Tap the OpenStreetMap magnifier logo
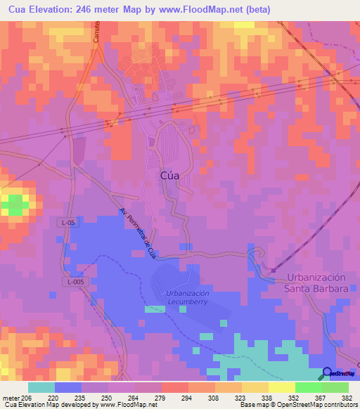(328, 373)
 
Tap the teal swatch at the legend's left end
(41, 387)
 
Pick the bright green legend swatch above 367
(308, 387)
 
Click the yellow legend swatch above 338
(255, 387)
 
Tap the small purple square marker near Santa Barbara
(274, 269)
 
